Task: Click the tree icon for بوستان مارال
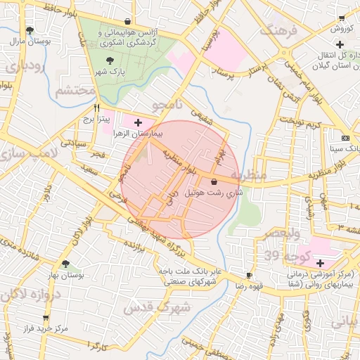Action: (30, 30)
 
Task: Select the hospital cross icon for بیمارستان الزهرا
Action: (146, 122)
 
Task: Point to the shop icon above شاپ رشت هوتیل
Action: (213, 182)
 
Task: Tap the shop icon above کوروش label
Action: (342, 18)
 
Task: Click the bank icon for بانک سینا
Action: (345, 138)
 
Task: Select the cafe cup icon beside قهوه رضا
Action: (248, 275)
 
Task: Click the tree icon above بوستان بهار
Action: (65, 264)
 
